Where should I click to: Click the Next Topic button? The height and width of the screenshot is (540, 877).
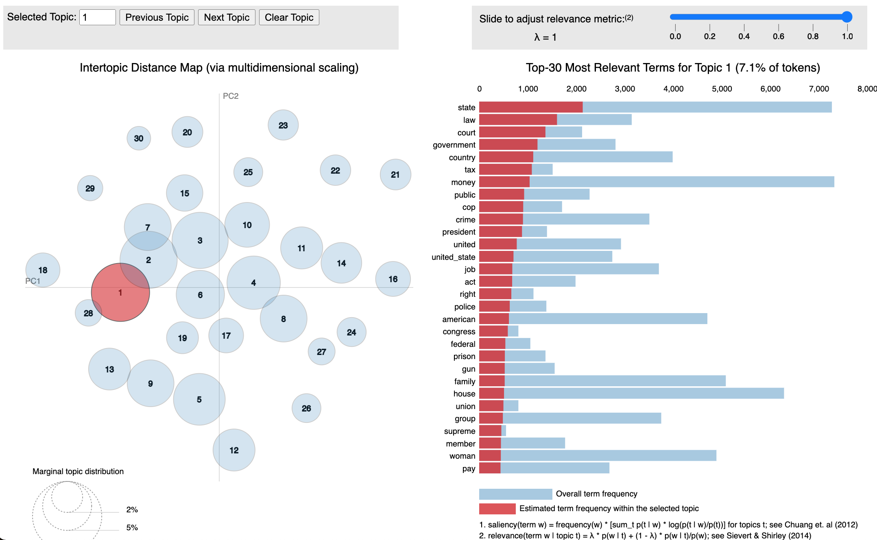point(227,17)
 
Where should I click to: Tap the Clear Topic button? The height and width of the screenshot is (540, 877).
point(289,17)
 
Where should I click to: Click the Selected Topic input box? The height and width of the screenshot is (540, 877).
point(97,17)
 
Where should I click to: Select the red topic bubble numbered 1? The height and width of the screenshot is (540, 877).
point(120,292)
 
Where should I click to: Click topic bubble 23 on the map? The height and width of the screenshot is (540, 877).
point(283,125)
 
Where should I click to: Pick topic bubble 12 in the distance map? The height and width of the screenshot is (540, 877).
point(234,450)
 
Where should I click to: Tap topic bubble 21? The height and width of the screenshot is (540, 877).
point(395,174)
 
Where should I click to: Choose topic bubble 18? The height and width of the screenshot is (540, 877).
point(43,270)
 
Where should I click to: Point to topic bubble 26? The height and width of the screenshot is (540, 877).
point(306,408)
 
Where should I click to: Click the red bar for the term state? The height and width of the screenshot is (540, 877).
point(531,107)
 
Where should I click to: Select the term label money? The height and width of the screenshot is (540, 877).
point(463,182)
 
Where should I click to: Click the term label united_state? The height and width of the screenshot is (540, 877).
point(453,257)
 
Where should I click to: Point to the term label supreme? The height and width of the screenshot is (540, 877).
point(459,431)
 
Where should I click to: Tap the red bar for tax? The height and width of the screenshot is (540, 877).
point(505,170)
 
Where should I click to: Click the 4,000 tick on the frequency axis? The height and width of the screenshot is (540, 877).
point(673,89)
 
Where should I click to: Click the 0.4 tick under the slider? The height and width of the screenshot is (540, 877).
point(744,36)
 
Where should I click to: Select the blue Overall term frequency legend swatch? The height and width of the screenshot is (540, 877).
point(515,494)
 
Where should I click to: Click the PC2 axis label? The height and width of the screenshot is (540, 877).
point(231,96)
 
